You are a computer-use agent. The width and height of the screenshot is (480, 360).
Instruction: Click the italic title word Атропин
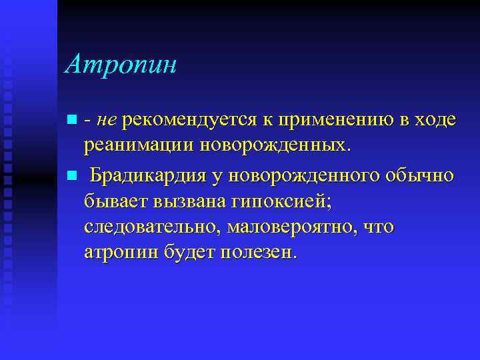coord(121,66)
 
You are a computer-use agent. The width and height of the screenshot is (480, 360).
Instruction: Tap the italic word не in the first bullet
coord(107,120)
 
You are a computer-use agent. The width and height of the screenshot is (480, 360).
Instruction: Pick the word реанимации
coord(137,147)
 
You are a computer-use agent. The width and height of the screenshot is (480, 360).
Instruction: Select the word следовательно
coord(151,227)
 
